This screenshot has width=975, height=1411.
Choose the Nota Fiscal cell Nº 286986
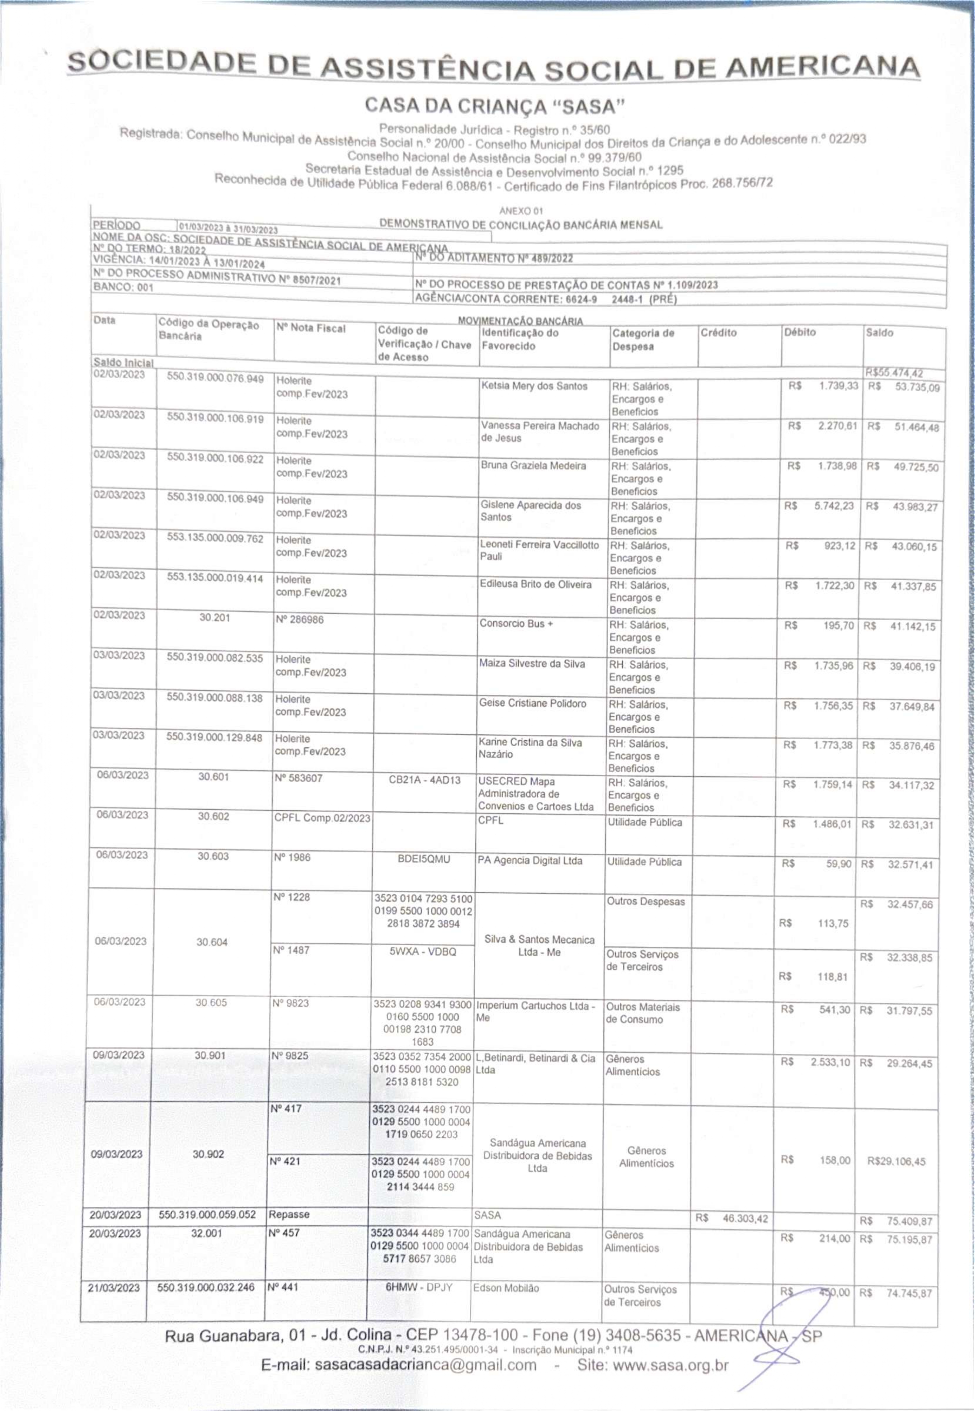[x=299, y=619]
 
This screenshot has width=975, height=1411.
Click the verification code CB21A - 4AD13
[x=425, y=780]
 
